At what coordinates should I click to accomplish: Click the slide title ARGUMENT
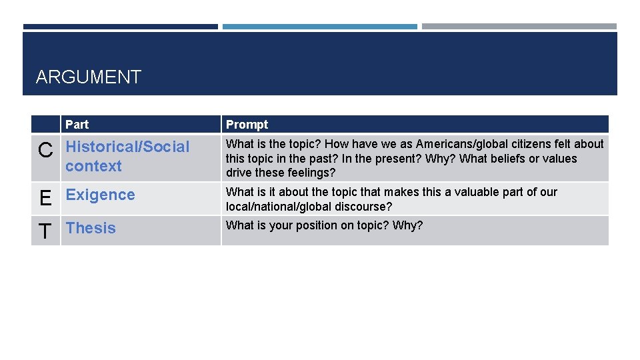89,77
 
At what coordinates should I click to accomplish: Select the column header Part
77,125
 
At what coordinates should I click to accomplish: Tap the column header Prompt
247,125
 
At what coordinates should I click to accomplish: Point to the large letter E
45,198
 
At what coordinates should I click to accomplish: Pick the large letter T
45,231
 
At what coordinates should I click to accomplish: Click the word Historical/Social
128,147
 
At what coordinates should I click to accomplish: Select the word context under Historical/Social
93,166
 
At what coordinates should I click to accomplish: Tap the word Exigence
100,195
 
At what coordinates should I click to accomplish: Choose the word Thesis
91,228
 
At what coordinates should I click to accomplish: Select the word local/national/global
286,207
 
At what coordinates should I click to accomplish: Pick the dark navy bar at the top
120,27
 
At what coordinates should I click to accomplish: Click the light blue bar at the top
319,27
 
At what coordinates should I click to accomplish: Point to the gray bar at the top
519,27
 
